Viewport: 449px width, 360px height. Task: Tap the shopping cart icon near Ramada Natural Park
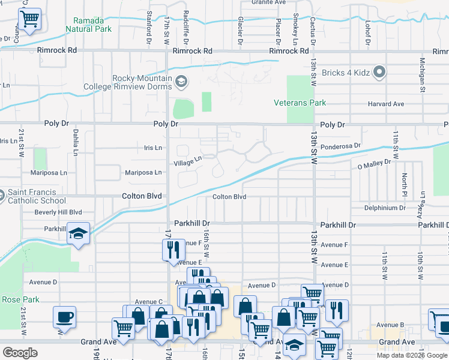click(29, 19)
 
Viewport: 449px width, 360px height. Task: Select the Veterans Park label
click(300, 103)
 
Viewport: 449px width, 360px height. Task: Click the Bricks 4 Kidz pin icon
click(379, 73)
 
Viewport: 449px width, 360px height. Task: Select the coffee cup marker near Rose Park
click(64, 317)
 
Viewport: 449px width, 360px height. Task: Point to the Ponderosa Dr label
click(340, 146)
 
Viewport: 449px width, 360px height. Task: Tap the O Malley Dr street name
click(374, 163)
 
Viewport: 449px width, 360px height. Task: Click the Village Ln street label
click(187, 162)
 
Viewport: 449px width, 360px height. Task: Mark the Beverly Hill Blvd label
click(58, 212)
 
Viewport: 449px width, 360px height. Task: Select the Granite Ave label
click(269, 2)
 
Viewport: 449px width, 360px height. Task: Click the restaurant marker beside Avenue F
click(172, 250)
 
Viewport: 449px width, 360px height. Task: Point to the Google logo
click(20, 353)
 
